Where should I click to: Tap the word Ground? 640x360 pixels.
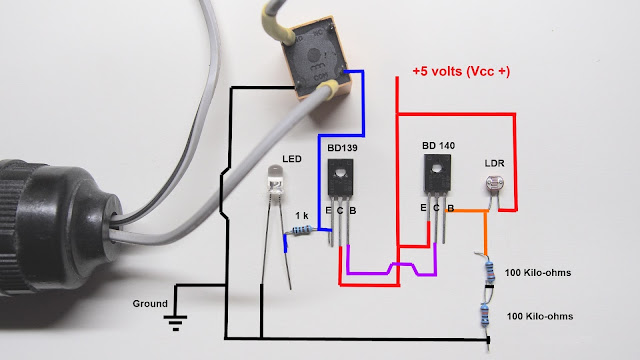click(150, 304)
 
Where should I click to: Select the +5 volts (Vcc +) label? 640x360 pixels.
click(461, 71)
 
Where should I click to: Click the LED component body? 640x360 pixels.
click(276, 179)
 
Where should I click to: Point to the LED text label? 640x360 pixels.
click(292, 159)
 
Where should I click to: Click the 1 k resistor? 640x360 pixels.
click(302, 231)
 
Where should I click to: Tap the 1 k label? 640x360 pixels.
click(302, 216)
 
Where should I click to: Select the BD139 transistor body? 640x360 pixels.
click(340, 178)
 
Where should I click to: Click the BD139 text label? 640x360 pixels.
click(342, 148)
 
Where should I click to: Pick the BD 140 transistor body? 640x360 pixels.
click(437, 173)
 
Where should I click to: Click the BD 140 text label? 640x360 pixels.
click(438, 146)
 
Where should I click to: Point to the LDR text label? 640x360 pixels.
click(494, 163)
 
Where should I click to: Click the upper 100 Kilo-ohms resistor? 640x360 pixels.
click(490, 272)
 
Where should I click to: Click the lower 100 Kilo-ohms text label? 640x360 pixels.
click(540, 316)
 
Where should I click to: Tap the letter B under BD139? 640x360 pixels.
click(353, 211)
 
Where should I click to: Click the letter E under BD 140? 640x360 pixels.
click(423, 208)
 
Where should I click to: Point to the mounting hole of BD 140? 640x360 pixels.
click(437, 167)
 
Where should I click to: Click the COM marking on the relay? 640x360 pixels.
click(321, 76)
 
